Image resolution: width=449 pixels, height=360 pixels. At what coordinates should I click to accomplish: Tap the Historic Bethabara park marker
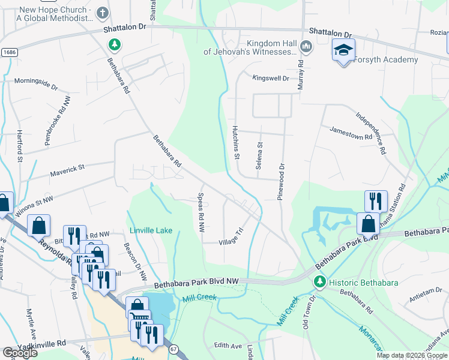point(319,281)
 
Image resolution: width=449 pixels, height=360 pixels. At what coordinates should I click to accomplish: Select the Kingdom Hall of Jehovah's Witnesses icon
point(306,46)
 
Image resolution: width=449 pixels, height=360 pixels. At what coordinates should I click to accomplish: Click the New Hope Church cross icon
point(102,13)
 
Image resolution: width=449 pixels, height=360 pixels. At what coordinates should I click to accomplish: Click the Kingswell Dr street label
point(271,78)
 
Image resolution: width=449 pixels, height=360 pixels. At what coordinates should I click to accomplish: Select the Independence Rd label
point(372,133)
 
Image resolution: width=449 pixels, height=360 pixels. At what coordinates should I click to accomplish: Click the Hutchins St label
point(237,142)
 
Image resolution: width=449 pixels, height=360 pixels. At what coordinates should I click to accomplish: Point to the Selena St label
point(260,156)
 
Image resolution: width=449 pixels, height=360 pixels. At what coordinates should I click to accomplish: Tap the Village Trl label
point(230,235)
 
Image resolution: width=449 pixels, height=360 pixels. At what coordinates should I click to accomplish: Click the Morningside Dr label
point(35,83)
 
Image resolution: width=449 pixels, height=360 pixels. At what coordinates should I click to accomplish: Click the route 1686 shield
point(8,53)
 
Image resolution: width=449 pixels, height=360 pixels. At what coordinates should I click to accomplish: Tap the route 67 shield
point(174,349)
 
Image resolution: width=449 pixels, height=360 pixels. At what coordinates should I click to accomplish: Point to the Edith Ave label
point(228,346)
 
